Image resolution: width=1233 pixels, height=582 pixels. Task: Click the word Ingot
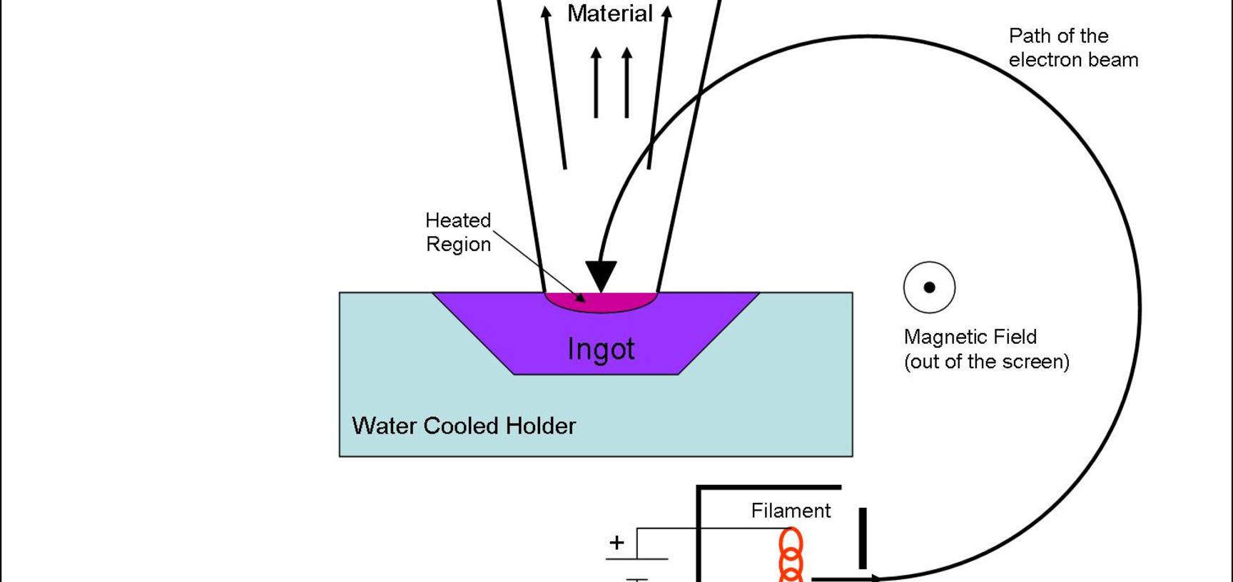(x=601, y=349)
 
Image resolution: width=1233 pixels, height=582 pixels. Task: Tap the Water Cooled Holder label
(x=464, y=426)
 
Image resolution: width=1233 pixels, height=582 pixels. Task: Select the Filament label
(x=791, y=511)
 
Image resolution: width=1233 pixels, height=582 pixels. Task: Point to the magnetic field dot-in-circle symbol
(x=929, y=287)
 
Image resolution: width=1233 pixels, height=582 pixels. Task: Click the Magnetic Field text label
(x=970, y=337)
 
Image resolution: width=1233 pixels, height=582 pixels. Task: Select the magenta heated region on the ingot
(x=601, y=302)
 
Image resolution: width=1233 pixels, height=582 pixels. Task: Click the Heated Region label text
(x=458, y=232)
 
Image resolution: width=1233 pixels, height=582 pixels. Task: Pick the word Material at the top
(x=609, y=14)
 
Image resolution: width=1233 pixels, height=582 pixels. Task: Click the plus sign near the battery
(x=616, y=543)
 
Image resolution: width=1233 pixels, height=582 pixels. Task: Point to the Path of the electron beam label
(x=1072, y=48)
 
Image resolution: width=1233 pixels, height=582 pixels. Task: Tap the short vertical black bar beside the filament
(x=863, y=538)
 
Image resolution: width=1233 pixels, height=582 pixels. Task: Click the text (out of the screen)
(x=986, y=362)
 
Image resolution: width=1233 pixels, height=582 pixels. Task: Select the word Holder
(x=540, y=426)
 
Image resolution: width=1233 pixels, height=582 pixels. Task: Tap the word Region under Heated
(x=458, y=244)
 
